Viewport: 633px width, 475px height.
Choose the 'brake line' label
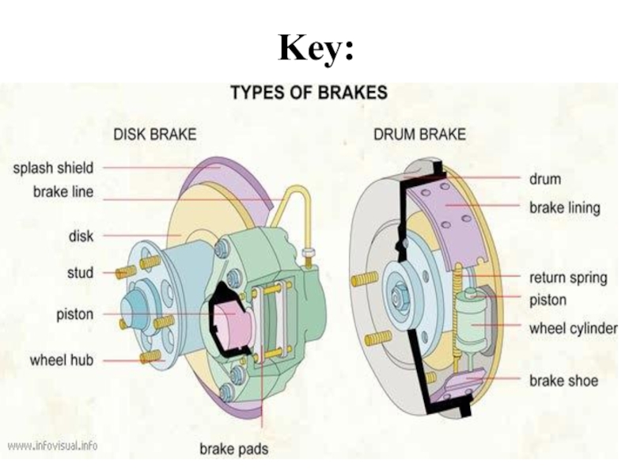[63, 192]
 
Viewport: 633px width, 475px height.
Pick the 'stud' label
[79, 273]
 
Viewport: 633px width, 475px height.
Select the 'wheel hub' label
[62, 360]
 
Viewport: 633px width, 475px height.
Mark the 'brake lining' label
[564, 208]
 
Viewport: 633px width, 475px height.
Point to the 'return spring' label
[567, 278]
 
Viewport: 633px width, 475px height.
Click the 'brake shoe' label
[563, 381]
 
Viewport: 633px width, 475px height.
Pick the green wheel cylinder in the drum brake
[472, 321]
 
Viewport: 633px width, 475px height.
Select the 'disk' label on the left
[81, 236]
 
